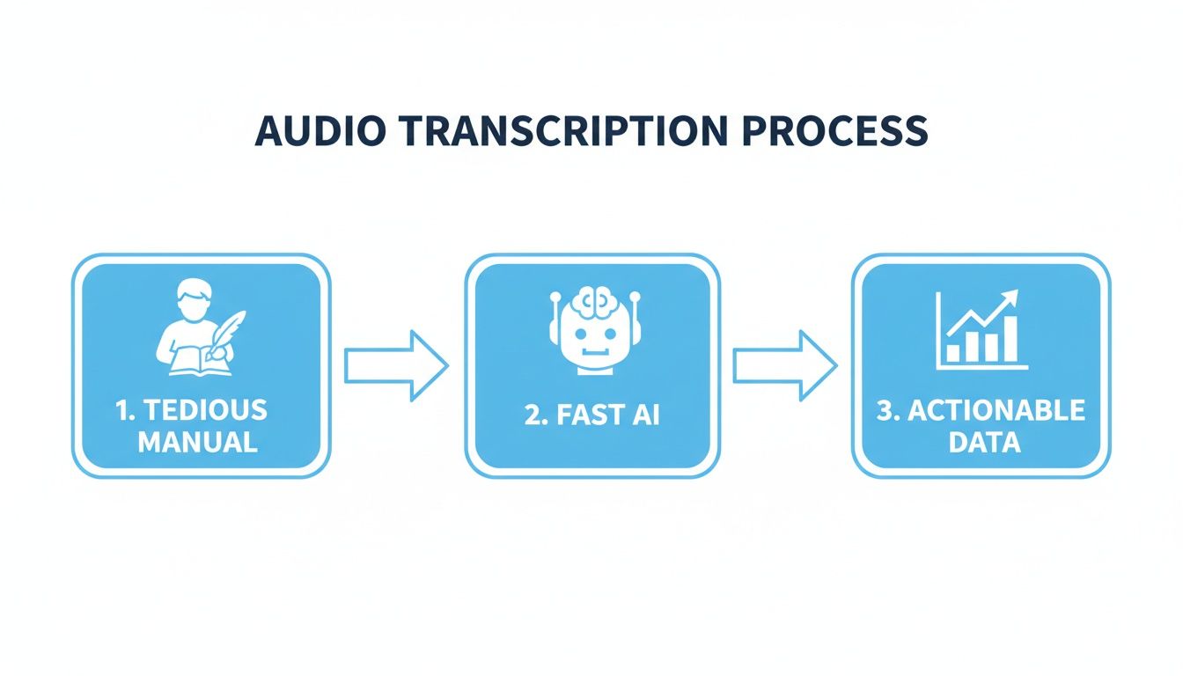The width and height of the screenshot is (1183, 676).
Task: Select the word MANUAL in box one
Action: (198, 440)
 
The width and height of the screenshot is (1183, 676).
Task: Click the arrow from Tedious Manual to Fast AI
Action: (396, 366)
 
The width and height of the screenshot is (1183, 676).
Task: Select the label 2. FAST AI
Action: (591, 415)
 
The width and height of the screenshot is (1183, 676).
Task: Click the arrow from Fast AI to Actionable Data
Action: (785, 366)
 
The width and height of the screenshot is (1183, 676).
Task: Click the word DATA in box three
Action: (984, 441)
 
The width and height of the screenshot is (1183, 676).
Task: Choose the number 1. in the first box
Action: (127, 410)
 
